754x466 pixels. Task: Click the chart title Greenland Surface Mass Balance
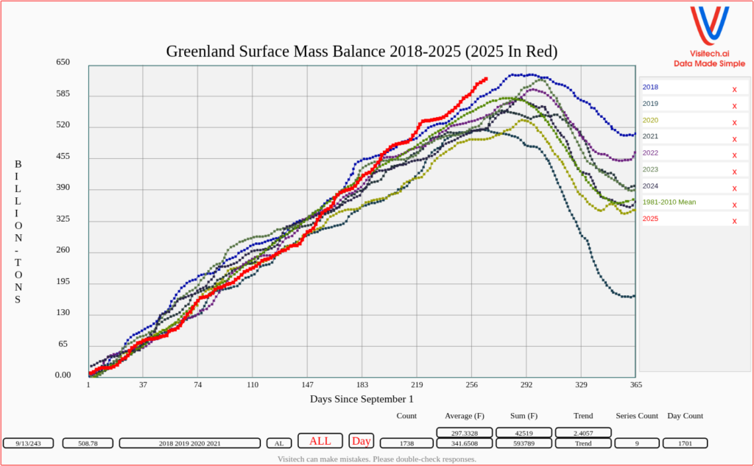(362, 52)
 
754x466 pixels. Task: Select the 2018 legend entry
(650, 88)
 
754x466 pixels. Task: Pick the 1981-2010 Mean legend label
(669, 202)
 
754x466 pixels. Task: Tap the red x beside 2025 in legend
(734, 221)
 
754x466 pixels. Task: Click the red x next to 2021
(734, 138)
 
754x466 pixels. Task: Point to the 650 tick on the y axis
(63, 63)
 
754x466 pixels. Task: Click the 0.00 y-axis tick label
(63, 375)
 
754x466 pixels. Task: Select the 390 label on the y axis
(63, 188)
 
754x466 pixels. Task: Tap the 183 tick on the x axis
(362, 385)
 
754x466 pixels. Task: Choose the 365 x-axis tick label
(636, 385)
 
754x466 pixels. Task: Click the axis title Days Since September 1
(362, 399)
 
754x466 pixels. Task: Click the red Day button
(362, 441)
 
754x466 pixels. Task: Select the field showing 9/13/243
(29, 443)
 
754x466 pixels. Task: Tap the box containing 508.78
(88, 443)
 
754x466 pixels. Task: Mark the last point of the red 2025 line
(485, 79)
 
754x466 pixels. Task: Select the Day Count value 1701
(685, 443)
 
